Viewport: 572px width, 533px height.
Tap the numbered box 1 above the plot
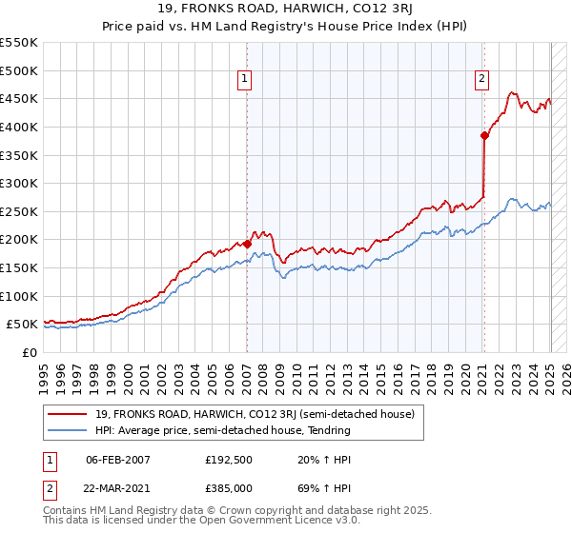246,79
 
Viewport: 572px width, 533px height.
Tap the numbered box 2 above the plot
482,79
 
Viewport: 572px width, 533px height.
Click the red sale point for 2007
247,244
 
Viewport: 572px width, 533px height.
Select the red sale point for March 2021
484,135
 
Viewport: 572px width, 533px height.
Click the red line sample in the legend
69,414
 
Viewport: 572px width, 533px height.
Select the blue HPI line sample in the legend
69,430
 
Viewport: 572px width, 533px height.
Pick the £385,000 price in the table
229,487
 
